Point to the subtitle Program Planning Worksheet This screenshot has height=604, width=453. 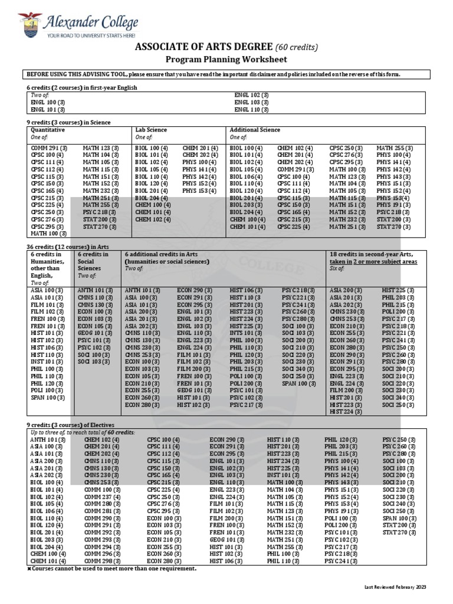226,60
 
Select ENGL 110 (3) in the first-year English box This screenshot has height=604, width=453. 251,110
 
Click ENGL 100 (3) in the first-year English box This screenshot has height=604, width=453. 48,102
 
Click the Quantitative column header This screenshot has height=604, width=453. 48,130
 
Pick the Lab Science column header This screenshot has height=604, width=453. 151,130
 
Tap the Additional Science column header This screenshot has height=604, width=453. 254,130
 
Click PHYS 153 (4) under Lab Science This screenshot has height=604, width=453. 199,191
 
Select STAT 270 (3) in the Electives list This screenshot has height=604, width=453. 398,532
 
